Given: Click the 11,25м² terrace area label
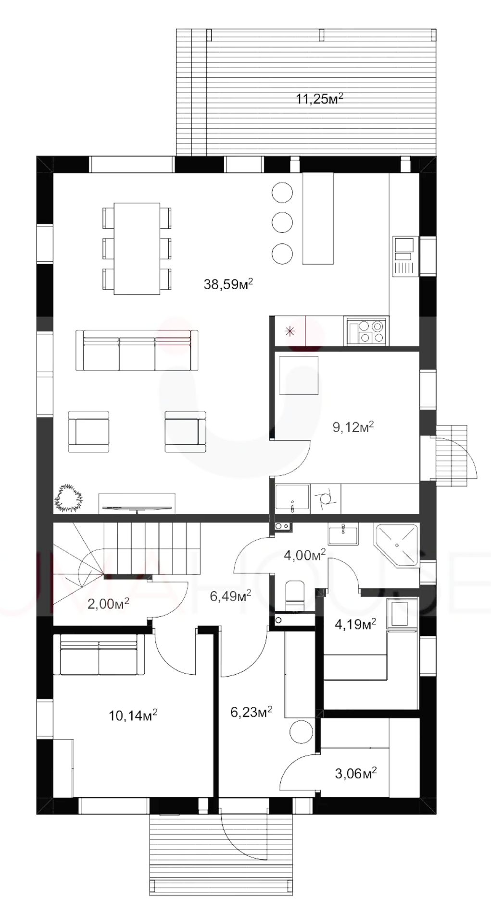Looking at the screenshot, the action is pos(319,99).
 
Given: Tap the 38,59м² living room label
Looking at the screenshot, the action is pos(228,284).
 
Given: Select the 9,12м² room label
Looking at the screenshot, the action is pos(353,426).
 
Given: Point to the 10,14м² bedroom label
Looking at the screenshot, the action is pos(133,716).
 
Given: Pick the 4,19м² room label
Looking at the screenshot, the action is pos(355,624).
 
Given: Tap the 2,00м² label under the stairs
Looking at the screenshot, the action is pos(109,604).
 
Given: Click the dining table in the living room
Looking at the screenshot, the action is pos(137,249).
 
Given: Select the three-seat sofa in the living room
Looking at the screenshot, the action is pos(137,350).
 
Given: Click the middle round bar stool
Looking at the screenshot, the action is pos(282,222).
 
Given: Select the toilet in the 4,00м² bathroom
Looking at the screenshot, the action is pos(295,595).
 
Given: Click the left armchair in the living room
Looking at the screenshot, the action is pos(88,431).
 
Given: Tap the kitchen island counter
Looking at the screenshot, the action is pos(318,218).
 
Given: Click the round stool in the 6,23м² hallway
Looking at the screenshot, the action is pos(302,732).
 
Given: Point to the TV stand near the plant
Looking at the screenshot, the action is pos(137,503).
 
